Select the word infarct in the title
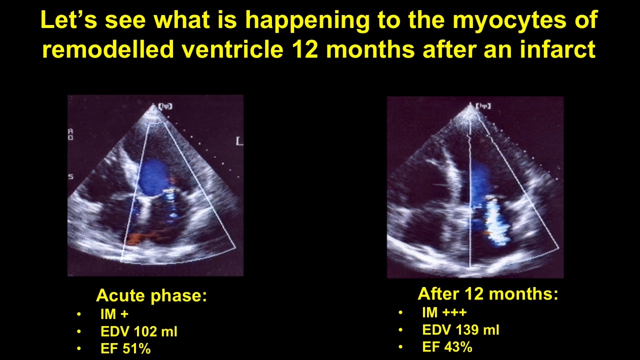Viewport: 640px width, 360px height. tap(557, 49)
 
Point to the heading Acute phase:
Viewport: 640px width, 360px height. tap(151, 295)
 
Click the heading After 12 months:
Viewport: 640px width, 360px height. tap(487, 293)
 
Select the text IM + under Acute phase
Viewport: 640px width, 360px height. tap(114, 314)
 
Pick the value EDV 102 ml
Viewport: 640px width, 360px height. tap(139, 331)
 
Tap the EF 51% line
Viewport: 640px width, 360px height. tap(125, 349)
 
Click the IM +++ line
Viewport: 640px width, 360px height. tap(444, 312)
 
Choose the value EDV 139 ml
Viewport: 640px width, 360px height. tap(460, 330)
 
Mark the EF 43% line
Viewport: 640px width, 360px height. tap(447, 347)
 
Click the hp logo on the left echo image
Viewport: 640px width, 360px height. tap(165, 106)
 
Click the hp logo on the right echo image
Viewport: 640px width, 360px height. tap(483, 106)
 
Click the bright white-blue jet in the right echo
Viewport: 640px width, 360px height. tap(496, 221)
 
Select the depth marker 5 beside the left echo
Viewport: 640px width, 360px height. tap(71, 177)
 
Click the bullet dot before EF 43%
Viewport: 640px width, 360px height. tap(400, 347)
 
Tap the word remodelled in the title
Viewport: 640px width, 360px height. tap(108, 49)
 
